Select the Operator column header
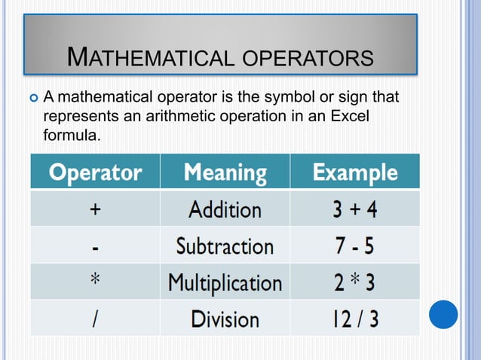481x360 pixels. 95,172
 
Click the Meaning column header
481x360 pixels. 225,172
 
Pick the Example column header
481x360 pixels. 355,172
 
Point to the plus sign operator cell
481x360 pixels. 95,209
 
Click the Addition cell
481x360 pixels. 225,209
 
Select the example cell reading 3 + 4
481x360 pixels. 355,209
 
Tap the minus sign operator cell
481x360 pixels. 95,246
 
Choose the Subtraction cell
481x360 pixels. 225,246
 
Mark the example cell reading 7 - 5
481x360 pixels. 355,246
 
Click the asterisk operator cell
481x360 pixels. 95,282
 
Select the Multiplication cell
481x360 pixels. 225,282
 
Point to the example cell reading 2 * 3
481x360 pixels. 355,282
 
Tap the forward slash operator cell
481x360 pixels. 95,319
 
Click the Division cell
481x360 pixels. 225,319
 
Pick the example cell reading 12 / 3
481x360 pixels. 355,319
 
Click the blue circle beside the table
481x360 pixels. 443,314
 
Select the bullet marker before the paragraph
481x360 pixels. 33,97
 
